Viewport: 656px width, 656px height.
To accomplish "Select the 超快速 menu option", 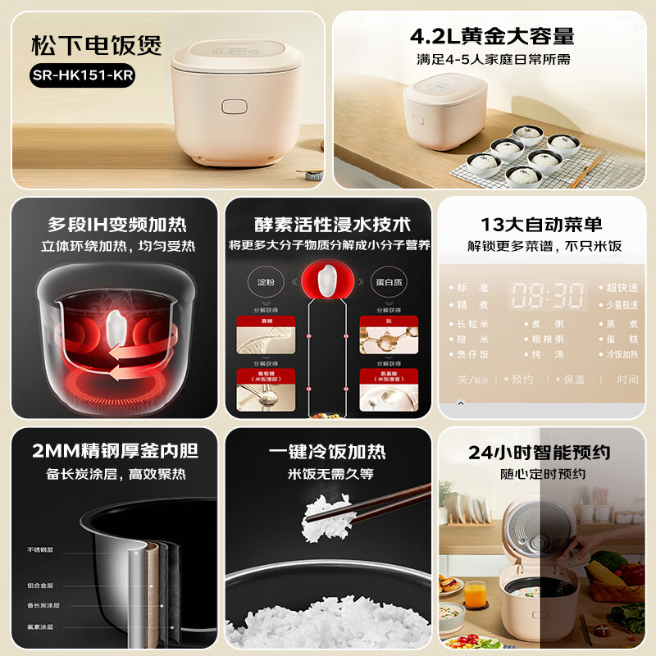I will pos(621,289).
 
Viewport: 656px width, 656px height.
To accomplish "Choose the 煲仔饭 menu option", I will pos(473,354).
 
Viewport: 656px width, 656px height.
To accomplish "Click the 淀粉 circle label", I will pos(266,282).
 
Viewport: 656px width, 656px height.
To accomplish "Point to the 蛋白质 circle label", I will pos(389,282).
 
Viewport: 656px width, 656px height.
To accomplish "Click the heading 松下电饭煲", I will pos(97,44).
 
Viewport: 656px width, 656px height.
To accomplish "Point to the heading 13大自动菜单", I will pos(541,225).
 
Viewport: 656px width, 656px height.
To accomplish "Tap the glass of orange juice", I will pos(475,593).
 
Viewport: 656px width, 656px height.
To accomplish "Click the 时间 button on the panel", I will pos(627,380).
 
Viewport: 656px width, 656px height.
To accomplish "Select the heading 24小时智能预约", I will pos(540,453).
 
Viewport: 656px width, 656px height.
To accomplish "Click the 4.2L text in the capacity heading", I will pos(436,36).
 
